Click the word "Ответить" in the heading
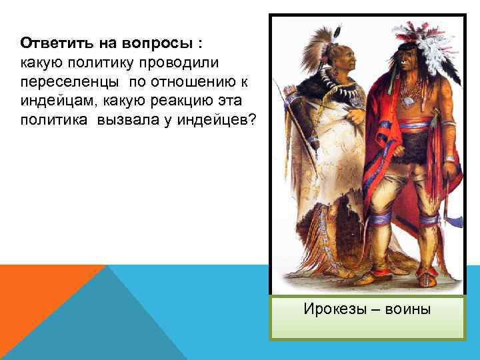[x=51, y=43]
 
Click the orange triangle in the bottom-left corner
[x=40, y=300]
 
